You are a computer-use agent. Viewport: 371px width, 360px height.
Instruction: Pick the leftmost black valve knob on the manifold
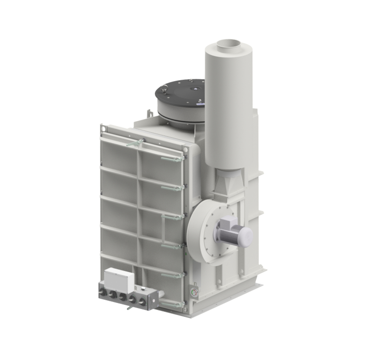tap(102, 293)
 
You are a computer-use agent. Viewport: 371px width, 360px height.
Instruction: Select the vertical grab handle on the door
tap(163, 232)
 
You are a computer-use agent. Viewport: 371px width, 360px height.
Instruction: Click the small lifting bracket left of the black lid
tap(149, 113)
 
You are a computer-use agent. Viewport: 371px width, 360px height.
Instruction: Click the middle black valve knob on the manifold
tap(122, 297)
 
